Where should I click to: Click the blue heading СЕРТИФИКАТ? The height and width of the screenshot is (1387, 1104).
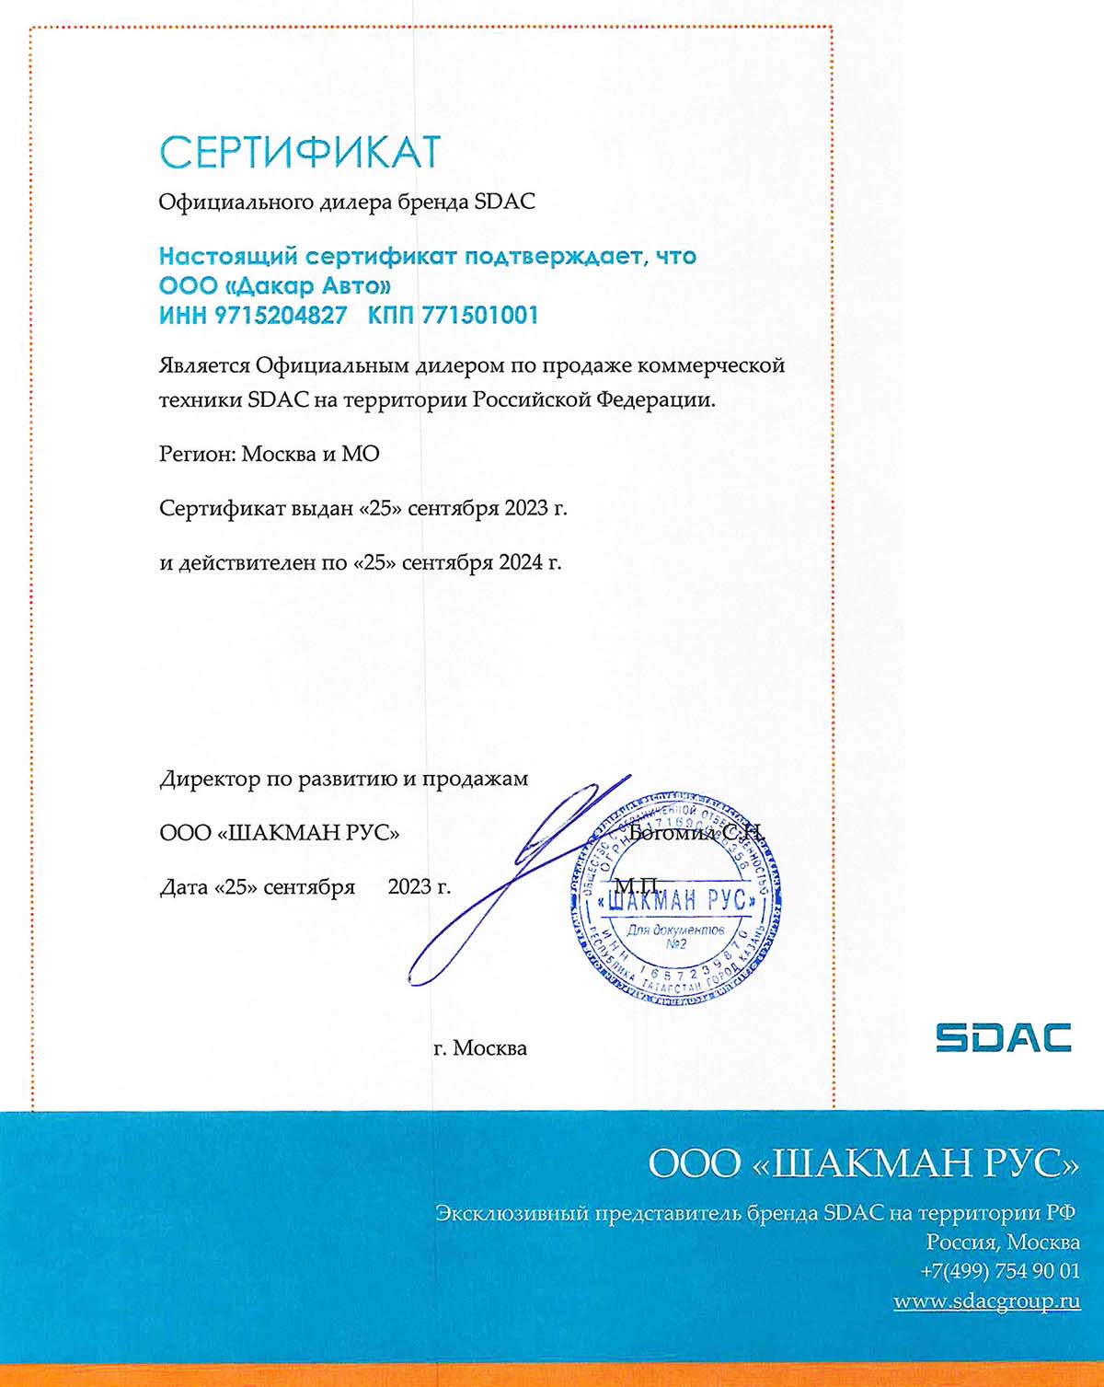[300, 152]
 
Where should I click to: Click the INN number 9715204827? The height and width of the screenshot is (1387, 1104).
[281, 316]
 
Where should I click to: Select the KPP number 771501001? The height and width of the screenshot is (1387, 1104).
[479, 316]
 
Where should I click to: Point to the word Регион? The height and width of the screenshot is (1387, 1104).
[197, 454]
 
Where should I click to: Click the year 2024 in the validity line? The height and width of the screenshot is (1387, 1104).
[520, 561]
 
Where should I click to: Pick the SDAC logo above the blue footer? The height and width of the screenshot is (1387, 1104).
[1003, 1037]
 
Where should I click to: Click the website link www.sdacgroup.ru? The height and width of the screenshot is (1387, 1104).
[986, 1301]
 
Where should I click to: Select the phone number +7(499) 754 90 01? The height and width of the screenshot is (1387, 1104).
[999, 1271]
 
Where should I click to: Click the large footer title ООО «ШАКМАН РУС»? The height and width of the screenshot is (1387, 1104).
[863, 1163]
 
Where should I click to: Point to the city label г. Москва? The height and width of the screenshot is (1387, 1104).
[480, 1048]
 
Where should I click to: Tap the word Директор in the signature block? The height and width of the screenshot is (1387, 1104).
[211, 780]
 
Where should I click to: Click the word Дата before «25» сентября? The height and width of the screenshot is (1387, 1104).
[184, 887]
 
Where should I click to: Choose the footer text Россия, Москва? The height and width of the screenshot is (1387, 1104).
[1002, 1242]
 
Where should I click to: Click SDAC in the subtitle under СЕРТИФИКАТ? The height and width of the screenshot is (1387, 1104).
[504, 202]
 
